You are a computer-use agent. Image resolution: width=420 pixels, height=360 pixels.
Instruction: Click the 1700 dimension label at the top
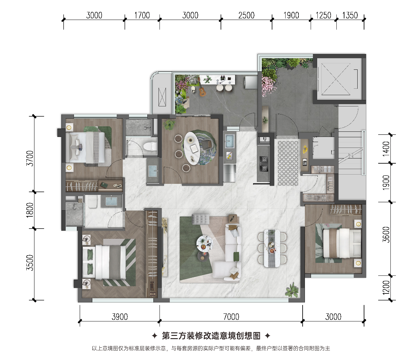[142, 15]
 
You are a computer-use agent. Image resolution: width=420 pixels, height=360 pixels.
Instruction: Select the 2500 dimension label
[246, 15]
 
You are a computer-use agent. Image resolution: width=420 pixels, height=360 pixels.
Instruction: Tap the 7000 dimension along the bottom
[231, 317]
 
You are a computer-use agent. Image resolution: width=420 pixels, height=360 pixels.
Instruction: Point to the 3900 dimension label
[120, 317]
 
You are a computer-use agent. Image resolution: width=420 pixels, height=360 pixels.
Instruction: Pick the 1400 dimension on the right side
[386, 149]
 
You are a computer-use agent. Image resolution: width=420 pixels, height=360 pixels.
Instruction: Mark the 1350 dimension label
[350, 15]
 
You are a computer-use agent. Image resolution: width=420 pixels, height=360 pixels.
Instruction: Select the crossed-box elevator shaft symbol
[336, 79]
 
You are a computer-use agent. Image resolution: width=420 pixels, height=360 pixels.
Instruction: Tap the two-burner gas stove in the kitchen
[264, 164]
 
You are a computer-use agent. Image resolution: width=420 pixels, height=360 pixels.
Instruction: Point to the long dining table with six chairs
[272, 248]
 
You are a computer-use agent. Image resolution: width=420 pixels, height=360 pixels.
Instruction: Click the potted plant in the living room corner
[292, 290]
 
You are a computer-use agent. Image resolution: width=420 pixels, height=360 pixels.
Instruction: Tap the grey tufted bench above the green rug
[200, 219]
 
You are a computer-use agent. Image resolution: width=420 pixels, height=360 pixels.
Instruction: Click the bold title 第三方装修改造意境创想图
[211, 336]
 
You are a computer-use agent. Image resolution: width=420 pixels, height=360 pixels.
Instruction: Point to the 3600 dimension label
[386, 235]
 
